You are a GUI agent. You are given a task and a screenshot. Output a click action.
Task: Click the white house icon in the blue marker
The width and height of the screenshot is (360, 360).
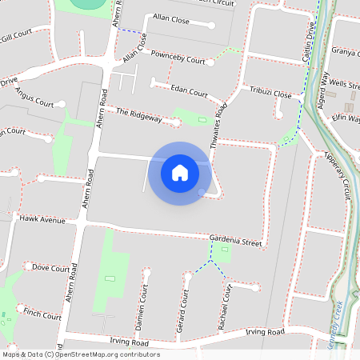(x=180, y=172)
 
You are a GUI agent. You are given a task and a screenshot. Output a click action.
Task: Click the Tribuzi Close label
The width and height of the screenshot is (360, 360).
(x=270, y=94)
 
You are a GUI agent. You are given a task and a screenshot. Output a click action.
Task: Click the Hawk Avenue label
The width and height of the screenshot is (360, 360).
(x=42, y=219)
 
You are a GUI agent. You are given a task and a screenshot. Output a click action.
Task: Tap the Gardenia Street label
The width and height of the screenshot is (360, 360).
(x=235, y=241)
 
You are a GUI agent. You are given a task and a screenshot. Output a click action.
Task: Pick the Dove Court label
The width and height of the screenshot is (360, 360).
(x=50, y=269)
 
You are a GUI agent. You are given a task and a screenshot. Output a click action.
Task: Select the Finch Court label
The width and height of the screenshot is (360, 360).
(x=42, y=314)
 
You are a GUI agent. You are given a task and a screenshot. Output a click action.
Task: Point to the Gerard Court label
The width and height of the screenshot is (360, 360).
(x=183, y=310)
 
